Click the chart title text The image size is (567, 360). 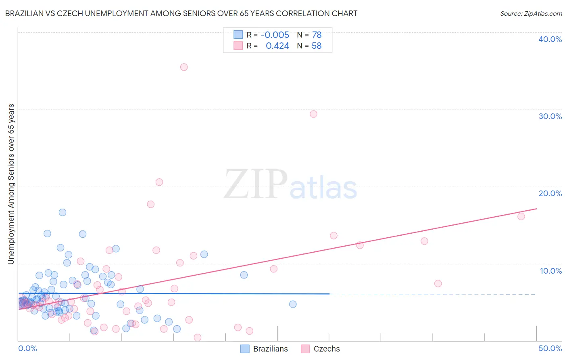pos(181,13)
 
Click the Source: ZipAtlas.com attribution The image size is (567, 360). pos(531,14)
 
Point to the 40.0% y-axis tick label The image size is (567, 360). pos(550,39)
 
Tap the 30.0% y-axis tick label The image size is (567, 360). pos(550,116)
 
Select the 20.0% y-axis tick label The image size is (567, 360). pos(550,193)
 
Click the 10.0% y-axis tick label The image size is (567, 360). pos(550,271)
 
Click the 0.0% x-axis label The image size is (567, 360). pos(27,348)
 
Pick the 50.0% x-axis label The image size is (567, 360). pos(550,348)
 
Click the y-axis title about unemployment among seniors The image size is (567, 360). pos(11,184)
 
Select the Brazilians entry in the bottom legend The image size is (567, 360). pos(270,349)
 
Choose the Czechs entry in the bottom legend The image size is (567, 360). pos(327,349)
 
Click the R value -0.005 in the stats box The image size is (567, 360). pos(275,35)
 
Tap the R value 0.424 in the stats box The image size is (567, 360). pos(277,46)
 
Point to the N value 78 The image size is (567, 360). pos(317,35)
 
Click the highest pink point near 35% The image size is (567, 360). pos(184,67)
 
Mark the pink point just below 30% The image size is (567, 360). pos(313,114)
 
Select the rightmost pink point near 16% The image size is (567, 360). pos(521,216)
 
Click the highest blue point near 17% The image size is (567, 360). pos(63,212)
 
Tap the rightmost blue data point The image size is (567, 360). pos(293,304)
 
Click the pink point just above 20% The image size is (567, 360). pos(159,182)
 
